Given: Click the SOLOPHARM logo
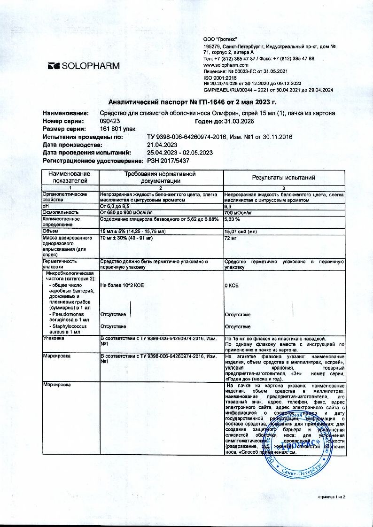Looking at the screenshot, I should tap(84, 66).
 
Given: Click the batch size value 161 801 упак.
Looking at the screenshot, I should tap(117, 129).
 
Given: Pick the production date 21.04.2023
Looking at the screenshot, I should tap(163, 145).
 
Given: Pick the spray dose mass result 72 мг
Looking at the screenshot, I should tap(231, 239).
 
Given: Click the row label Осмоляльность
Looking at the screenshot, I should tap(59, 212).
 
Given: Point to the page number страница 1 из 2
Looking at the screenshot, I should tap(332, 496).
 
